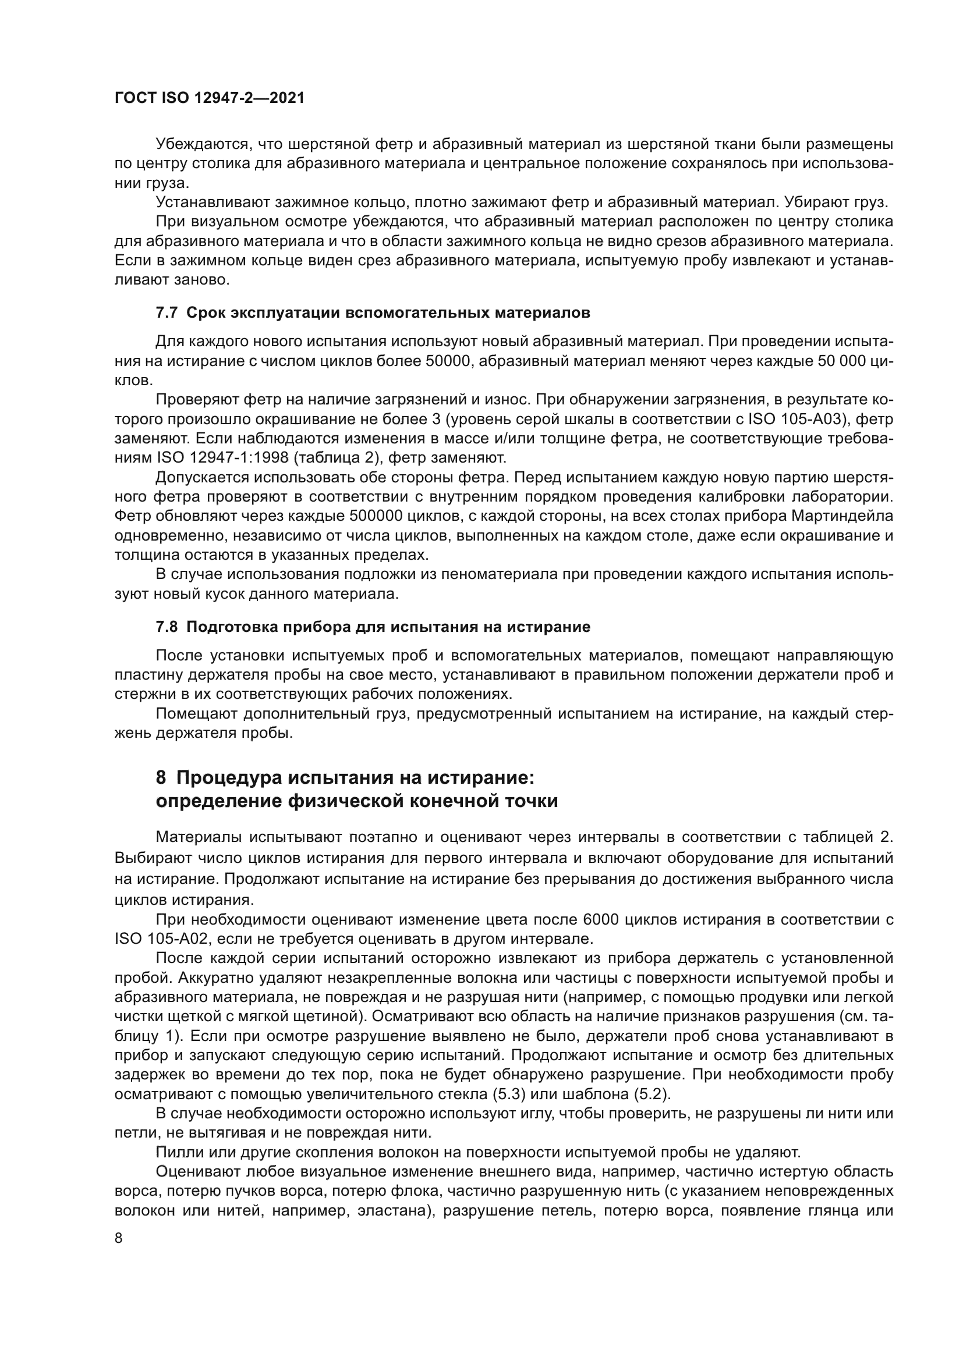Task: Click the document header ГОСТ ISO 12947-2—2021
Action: tap(210, 98)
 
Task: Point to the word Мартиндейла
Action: tap(842, 516)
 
